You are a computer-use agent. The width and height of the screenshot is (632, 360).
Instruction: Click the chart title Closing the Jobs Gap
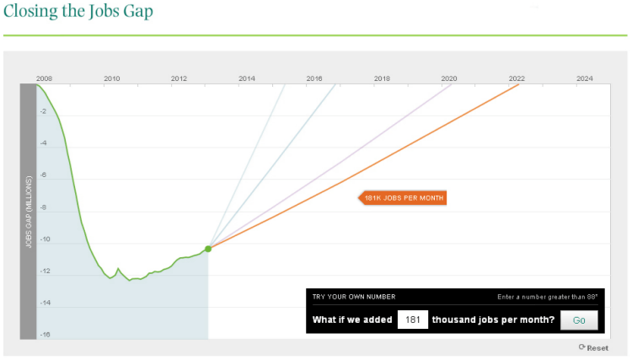coord(78,13)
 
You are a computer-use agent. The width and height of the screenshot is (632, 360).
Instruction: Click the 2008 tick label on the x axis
coord(44,78)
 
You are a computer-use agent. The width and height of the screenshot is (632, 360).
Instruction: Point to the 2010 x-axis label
coord(111,78)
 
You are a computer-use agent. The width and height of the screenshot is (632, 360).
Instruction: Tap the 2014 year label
coord(246,78)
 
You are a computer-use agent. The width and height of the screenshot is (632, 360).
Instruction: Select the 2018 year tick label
coord(381,78)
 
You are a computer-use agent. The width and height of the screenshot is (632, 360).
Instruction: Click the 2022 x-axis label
coord(516,78)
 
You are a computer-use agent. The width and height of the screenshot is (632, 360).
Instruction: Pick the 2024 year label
coord(584,78)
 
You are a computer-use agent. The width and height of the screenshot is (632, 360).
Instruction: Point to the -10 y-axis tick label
coord(43,239)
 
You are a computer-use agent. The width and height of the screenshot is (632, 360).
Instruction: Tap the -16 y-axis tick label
coord(43,335)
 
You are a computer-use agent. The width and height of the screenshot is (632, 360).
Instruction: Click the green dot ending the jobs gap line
coord(208,248)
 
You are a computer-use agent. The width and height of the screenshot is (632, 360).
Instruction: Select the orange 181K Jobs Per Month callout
coord(402,198)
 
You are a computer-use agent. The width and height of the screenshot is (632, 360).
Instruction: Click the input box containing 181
coord(412,320)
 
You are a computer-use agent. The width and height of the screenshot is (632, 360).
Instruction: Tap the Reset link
coord(594,347)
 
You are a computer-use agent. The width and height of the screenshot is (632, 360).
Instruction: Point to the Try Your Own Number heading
coord(353,297)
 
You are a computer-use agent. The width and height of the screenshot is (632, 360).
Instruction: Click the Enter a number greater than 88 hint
coord(547,297)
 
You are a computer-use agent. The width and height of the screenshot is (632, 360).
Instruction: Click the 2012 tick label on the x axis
coord(179,78)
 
